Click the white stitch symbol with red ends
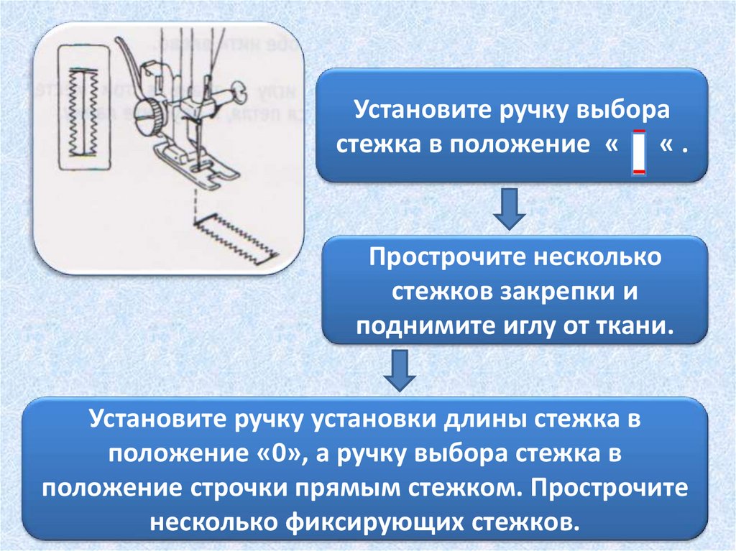tap(638, 152)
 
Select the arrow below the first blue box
tap(511, 208)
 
